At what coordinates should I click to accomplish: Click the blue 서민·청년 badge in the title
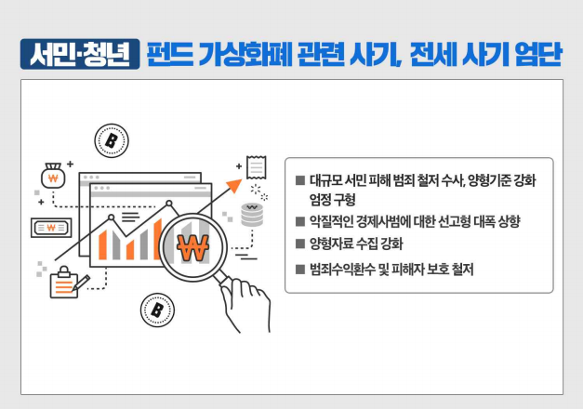click(79, 54)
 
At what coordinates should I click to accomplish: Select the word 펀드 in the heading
click(170, 54)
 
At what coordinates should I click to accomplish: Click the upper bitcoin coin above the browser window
click(111, 140)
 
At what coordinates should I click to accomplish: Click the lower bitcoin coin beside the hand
click(156, 309)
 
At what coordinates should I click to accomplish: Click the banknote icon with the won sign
click(50, 226)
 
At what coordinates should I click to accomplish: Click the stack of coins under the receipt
click(251, 214)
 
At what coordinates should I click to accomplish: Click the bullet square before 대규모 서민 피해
click(299, 179)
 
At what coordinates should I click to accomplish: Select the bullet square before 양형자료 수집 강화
click(299, 244)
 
